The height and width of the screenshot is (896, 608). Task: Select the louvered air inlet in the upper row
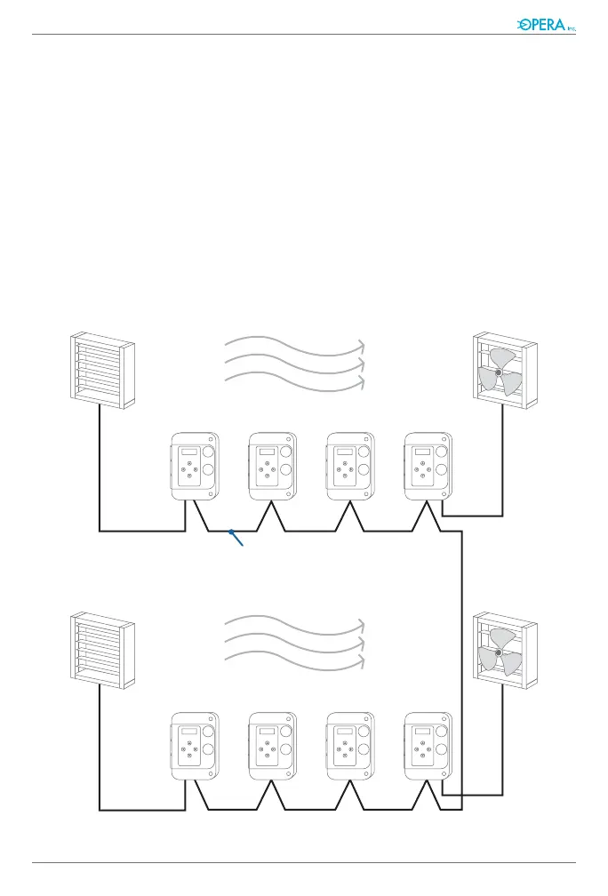point(102,369)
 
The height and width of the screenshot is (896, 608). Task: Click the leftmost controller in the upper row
point(194,468)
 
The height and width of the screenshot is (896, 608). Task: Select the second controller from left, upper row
point(272,468)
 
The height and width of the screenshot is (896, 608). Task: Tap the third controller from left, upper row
point(350,468)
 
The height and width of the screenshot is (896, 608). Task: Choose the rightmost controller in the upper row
point(428,468)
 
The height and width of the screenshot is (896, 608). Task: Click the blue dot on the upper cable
point(231,532)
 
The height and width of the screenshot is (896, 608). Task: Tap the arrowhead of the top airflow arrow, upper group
point(361,344)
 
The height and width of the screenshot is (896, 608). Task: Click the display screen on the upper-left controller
point(188,452)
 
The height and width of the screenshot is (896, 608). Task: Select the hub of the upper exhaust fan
point(499,372)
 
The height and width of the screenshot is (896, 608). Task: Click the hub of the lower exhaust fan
point(499,652)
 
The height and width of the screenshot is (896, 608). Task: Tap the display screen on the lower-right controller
point(422,731)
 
